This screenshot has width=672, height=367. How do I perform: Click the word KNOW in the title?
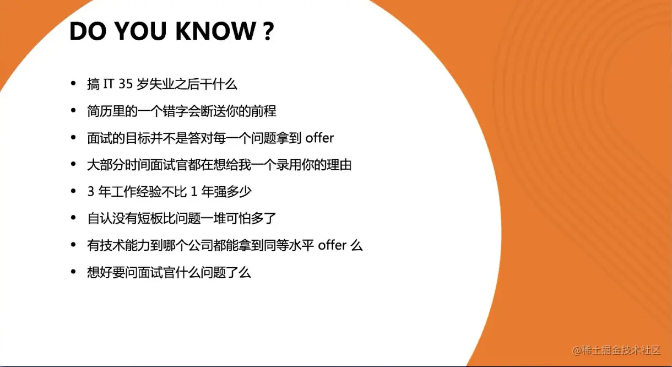[x=215, y=31]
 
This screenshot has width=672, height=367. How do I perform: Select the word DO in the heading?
[x=88, y=31]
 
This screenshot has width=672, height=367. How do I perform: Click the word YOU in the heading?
[x=140, y=31]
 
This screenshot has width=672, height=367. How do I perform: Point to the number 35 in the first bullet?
[x=126, y=84]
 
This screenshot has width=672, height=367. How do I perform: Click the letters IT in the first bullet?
[x=108, y=84]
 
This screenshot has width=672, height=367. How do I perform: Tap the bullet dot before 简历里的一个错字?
[x=73, y=110]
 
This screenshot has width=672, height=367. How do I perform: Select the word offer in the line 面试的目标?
[x=319, y=138]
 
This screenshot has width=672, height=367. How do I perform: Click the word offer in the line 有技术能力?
[x=332, y=245]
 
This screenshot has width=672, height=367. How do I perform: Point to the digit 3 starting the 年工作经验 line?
[x=90, y=191]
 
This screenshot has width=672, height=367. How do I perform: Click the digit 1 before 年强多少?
[x=194, y=191]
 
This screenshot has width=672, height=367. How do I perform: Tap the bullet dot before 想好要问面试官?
[x=73, y=272]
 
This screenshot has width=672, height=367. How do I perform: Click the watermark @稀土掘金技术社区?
[x=616, y=350]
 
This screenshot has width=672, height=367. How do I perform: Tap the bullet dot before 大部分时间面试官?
[x=73, y=164]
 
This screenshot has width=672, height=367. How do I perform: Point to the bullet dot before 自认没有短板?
[x=73, y=218]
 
